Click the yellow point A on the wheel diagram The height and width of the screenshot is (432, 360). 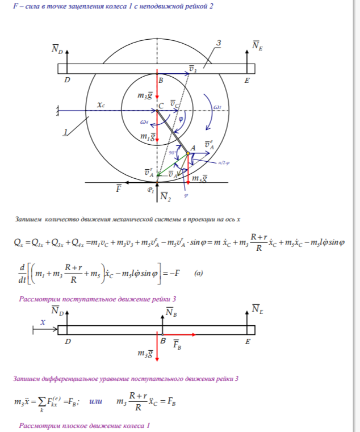[188, 153]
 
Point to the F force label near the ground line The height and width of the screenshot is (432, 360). [119, 187]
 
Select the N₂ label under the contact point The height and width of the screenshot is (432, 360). [164, 196]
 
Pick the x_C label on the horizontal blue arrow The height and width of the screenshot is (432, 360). [101, 105]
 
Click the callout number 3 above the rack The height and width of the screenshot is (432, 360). [219, 43]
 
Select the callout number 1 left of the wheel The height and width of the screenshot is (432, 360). [66, 132]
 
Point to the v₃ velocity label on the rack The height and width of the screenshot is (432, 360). [193, 70]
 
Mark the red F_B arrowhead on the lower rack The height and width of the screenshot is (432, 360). [194, 335]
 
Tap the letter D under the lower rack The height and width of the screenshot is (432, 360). [68, 342]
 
